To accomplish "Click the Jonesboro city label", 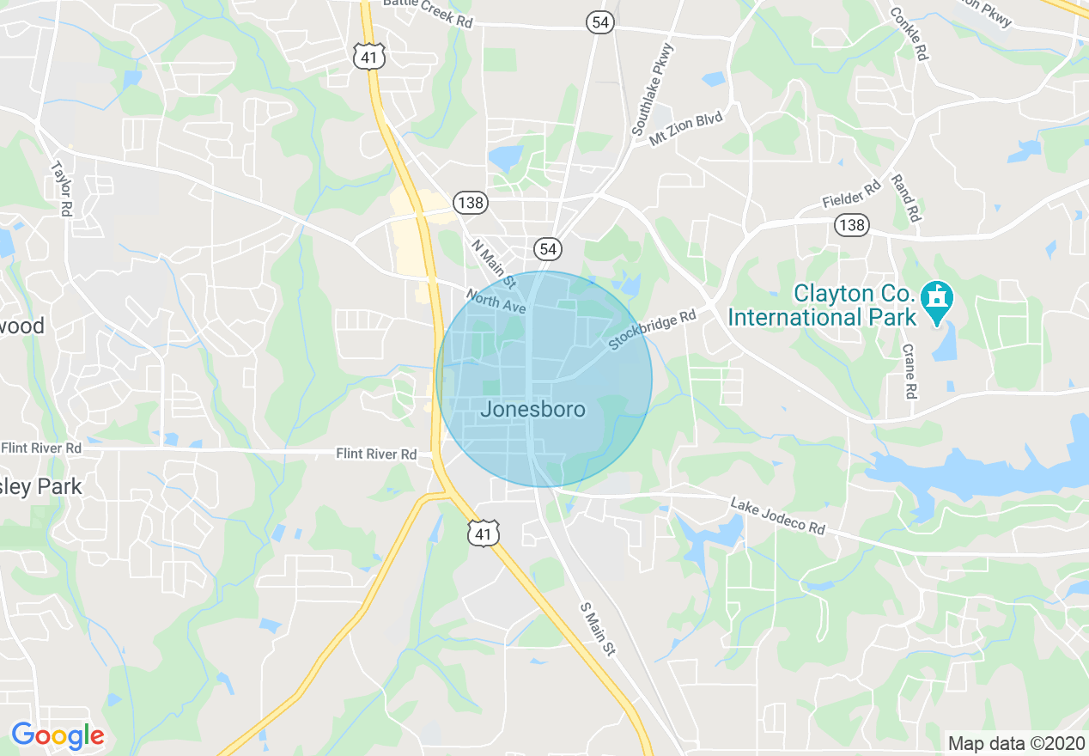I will point(532,410).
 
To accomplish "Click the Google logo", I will point(58,735).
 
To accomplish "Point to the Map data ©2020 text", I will point(1015,743).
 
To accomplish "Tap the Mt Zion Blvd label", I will point(686,128).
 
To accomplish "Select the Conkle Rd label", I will point(909,34).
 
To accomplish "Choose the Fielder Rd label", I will point(851,193).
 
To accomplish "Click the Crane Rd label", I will point(910,371).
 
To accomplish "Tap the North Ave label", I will point(496,301).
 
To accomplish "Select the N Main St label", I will point(493,263).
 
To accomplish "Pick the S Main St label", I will point(599,630).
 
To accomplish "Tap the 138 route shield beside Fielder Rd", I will point(851,225).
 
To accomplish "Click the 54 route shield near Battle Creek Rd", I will point(601,22).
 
